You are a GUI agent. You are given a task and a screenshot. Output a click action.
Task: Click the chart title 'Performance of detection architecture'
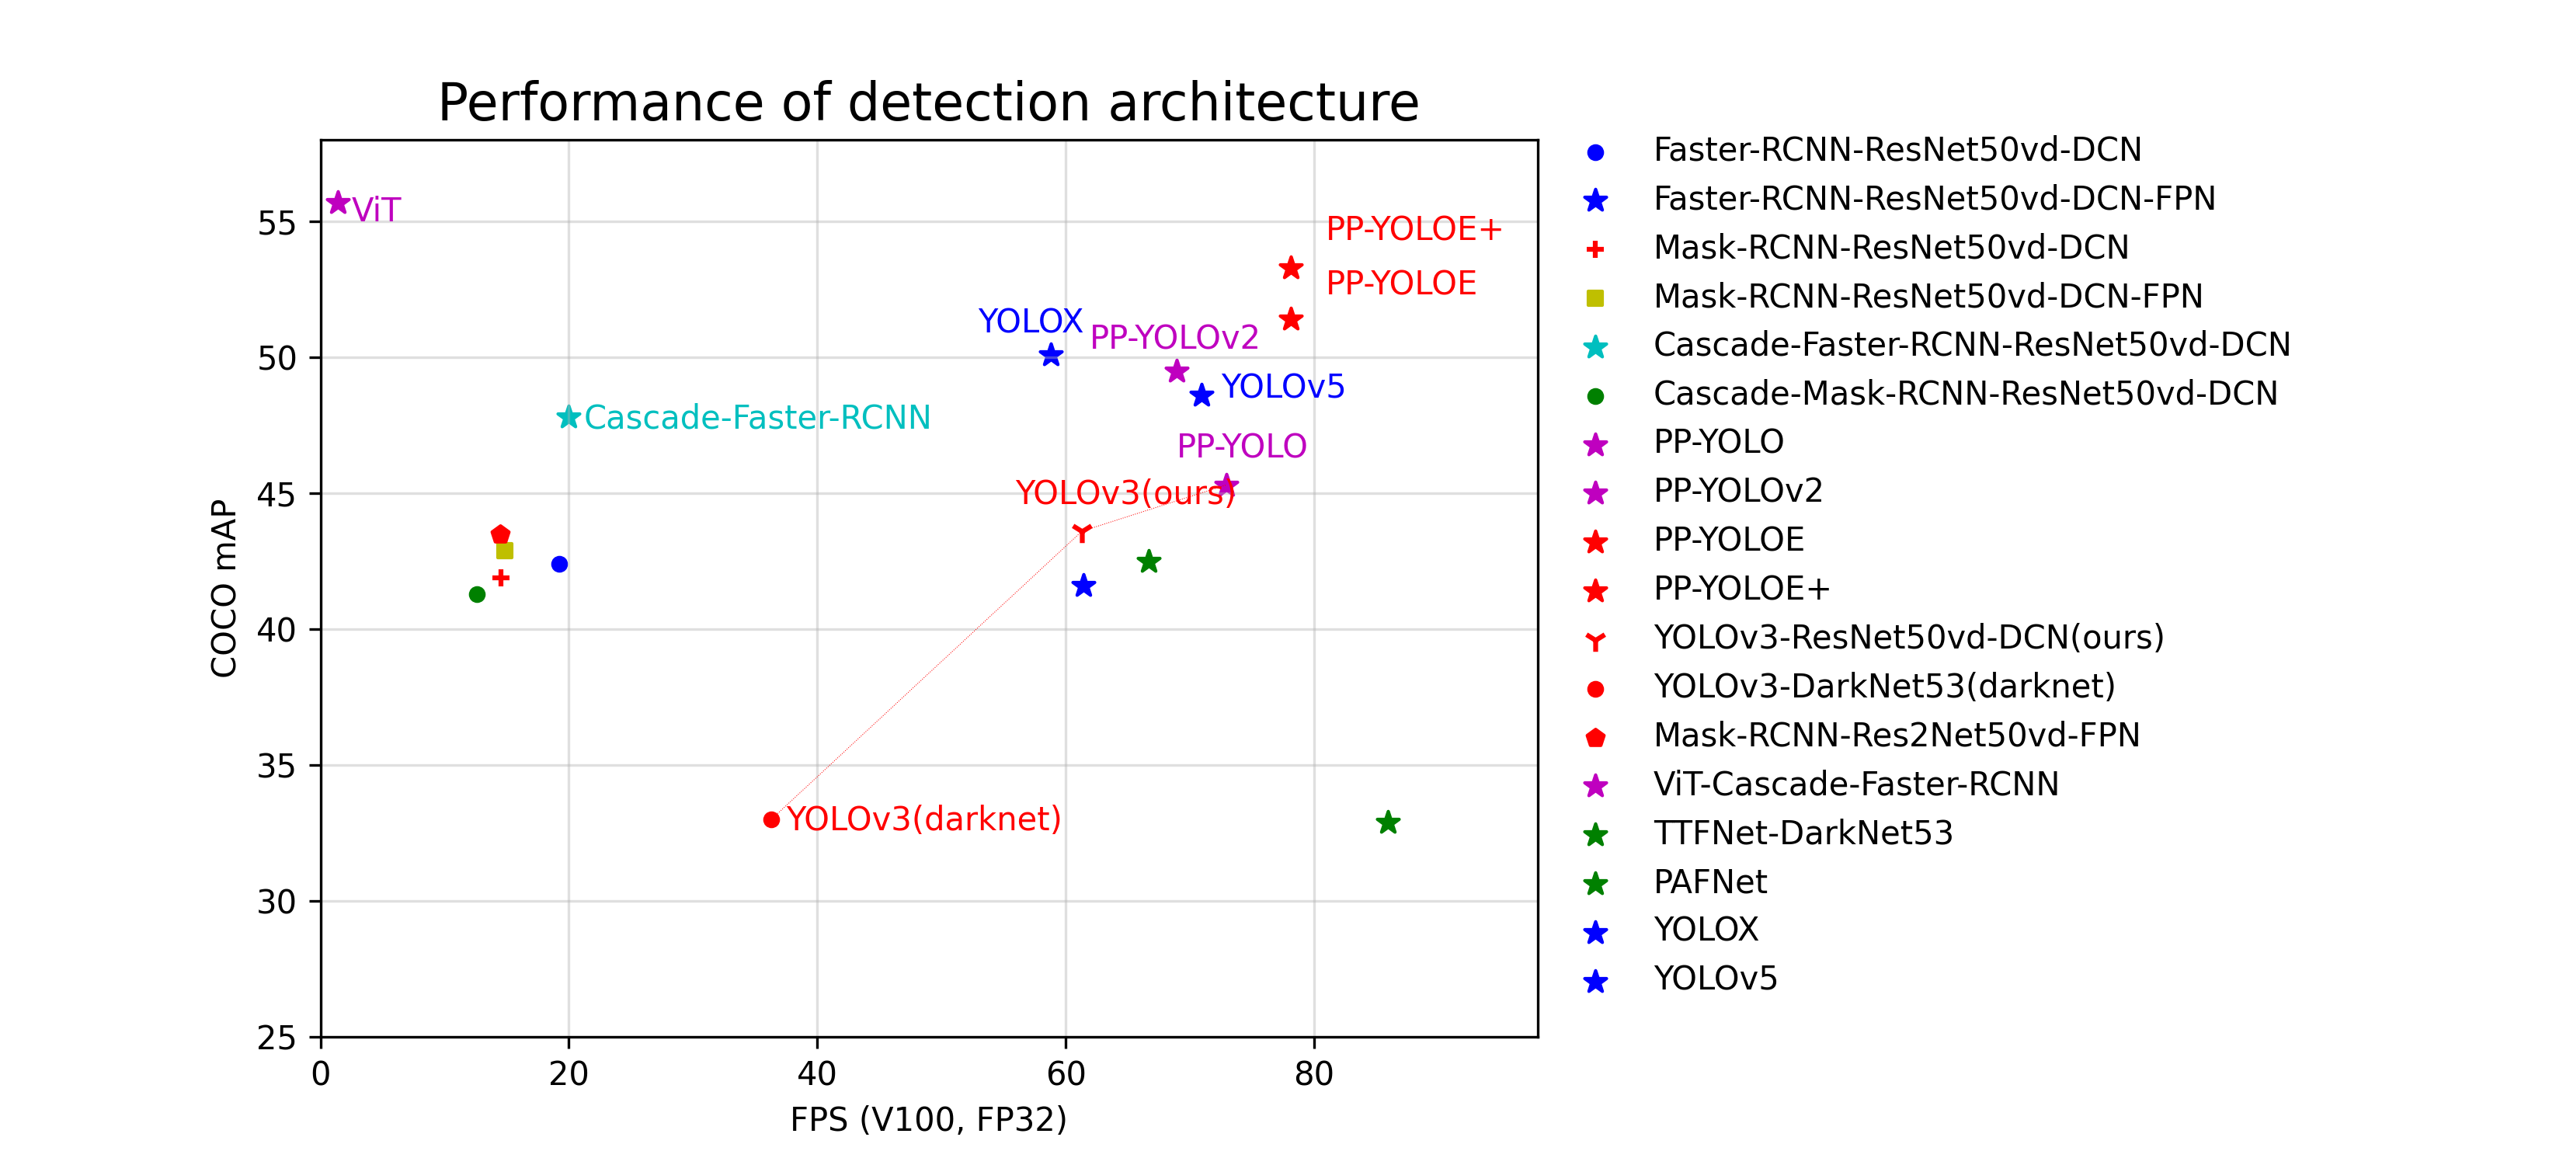927,103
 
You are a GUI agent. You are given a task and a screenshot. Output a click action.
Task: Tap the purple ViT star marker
339,203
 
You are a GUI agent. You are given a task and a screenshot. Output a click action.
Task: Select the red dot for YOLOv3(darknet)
771,820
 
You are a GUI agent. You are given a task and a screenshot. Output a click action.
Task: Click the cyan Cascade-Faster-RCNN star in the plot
568,418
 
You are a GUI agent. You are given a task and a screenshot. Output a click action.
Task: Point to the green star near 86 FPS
1388,822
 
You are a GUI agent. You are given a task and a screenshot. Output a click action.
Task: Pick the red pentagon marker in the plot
500,535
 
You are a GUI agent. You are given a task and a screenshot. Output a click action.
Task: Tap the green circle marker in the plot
477,595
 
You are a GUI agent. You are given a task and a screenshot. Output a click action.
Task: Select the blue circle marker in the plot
559,564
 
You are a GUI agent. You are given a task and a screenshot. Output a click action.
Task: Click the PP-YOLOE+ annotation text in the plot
1413,229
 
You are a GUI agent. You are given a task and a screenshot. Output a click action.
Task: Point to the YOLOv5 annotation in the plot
1282,386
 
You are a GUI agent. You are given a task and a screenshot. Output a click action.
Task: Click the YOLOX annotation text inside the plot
1030,322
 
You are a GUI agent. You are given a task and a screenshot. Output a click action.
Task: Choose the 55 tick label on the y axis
276,223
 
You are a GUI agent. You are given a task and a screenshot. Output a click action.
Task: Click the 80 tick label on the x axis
1313,1074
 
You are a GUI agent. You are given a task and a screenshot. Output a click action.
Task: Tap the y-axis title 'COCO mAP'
224,588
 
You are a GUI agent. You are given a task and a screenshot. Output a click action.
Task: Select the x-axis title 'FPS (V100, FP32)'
927,1120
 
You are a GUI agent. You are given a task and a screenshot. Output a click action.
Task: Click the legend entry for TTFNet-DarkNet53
1802,833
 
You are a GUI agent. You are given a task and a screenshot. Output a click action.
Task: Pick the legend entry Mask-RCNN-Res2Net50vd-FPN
1895,736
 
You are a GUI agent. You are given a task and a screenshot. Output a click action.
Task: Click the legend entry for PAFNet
1709,882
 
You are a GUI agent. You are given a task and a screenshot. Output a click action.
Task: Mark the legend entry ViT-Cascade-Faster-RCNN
1855,784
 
